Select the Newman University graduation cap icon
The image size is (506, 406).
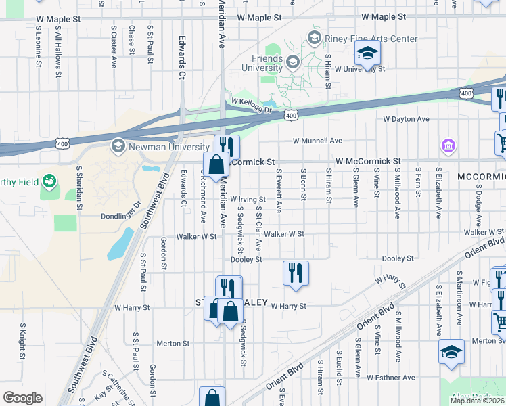pyautogui.click(x=118, y=146)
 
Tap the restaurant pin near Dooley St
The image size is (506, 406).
pyautogui.click(x=296, y=273)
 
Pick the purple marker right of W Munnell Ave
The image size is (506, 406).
pyautogui.click(x=447, y=145)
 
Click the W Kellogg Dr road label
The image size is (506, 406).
pyautogui.click(x=251, y=105)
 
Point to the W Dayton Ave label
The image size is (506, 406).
pyautogui.click(x=406, y=119)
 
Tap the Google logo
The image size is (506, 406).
pyautogui.click(x=22, y=398)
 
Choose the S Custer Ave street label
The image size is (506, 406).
pyautogui.click(x=114, y=47)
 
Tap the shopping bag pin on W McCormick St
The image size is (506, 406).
pyautogui.click(x=215, y=165)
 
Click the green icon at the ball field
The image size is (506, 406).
pyautogui.click(x=49, y=181)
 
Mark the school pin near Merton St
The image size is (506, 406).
pyautogui.click(x=451, y=352)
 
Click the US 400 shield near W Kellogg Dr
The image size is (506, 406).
pyautogui.click(x=290, y=116)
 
